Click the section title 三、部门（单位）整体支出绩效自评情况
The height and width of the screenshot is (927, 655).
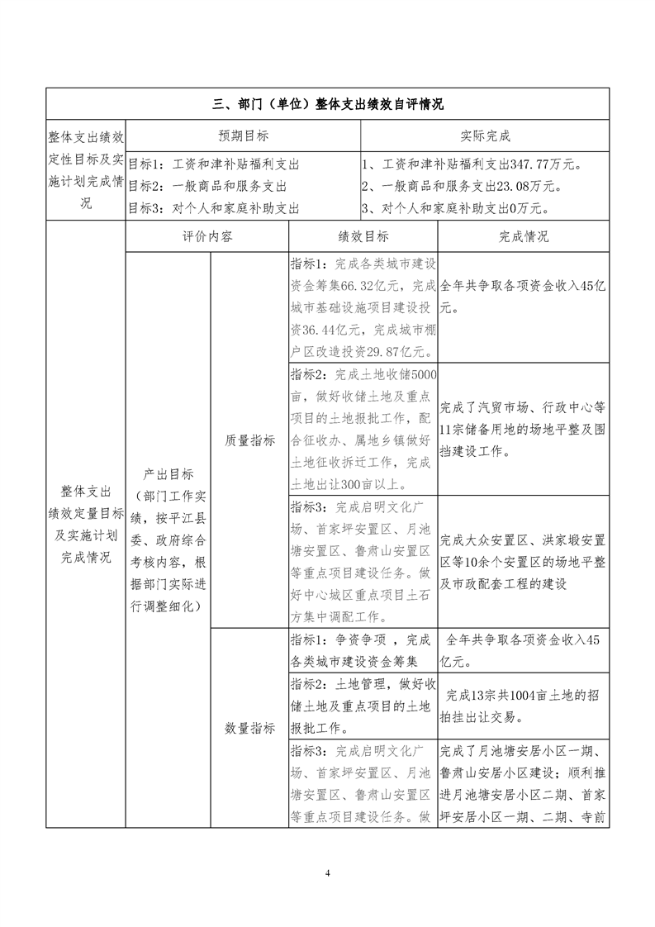coord(328,104)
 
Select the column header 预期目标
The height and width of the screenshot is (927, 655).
coord(243,135)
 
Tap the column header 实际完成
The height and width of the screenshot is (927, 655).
coord(485,135)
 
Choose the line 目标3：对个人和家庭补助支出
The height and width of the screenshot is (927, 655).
coord(213,208)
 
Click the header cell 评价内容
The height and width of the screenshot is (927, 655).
coord(207,236)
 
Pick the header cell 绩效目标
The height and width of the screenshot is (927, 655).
coord(363,236)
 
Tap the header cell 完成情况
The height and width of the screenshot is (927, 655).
coord(523,236)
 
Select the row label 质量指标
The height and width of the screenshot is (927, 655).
coord(249,440)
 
